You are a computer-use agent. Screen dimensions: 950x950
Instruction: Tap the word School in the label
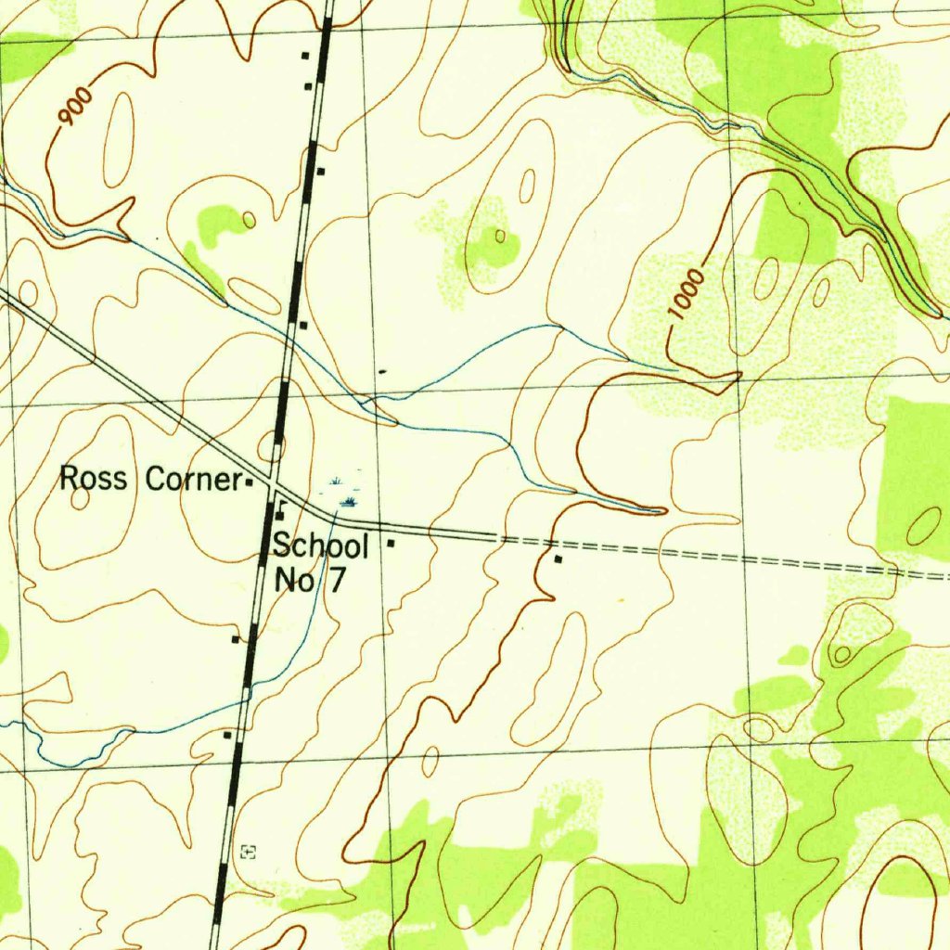321,546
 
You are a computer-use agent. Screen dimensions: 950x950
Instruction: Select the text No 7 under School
310,581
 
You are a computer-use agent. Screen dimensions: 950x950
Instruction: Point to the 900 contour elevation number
75,107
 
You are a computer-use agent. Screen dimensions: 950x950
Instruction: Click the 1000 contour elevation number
687,295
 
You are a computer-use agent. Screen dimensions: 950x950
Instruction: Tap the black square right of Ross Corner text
249,482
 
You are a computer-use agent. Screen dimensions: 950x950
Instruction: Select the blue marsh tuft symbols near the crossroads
344,492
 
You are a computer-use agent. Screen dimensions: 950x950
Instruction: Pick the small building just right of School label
392,543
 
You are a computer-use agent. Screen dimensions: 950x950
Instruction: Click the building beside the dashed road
558,559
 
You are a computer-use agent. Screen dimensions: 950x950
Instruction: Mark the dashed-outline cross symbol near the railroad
248,851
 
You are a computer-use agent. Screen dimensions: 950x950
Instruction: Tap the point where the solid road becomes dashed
497,536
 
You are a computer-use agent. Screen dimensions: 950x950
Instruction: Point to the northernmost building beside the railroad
304,56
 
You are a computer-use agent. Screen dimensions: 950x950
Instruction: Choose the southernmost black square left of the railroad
227,735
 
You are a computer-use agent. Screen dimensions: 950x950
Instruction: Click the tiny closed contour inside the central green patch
500,236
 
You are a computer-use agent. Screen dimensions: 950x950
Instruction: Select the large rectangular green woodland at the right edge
914,478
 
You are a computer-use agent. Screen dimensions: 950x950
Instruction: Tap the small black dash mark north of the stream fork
383,371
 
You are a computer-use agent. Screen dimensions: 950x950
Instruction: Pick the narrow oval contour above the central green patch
527,186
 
